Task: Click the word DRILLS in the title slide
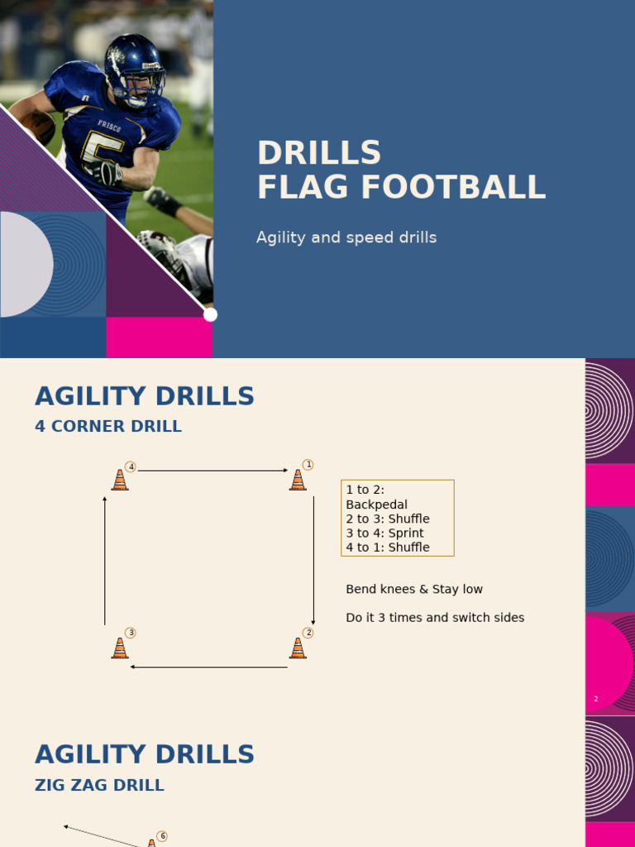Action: (x=319, y=153)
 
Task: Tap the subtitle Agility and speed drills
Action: (x=346, y=238)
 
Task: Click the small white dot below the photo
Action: (x=211, y=314)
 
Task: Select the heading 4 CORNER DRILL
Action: (x=108, y=427)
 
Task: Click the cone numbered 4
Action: (x=120, y=480)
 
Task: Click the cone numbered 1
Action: (x=298, y=480)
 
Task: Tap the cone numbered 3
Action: (x=120, y=648)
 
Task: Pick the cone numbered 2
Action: (x=298, y=648)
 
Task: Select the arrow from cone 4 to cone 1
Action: (x=212, y=471)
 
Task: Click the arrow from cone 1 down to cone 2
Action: (x=313, y=560)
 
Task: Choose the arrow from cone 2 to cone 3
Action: (x=209, y=667)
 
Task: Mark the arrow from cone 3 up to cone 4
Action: (x=105, y=560)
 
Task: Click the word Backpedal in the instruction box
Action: (x=376, y=505)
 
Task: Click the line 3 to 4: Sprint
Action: (x=384, y=534)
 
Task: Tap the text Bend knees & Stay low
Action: (x=414, y=590)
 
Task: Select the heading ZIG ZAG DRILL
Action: (x=99, y=786)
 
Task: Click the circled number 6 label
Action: (x=162, y=836)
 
